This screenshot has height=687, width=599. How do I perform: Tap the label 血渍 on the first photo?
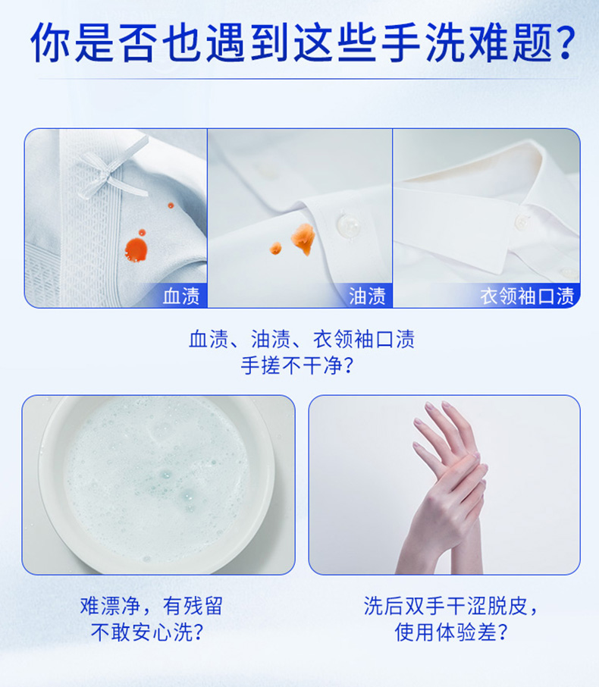pyautogui.click(x=181, y=296)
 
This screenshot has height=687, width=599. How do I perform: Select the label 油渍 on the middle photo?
pyautogui.click(x=367, y=296)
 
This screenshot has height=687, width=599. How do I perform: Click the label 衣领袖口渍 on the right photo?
pyautogui.click(x=527, y=296)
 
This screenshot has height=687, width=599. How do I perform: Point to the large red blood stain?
pyautogui.click(x=136, y=249)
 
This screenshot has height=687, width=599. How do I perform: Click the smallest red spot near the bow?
pyautogui.click(x=171, y=205)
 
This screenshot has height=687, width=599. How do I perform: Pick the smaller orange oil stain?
pyautogui.click(x=275, y=248)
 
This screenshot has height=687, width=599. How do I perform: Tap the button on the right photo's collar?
pyautogui.click(x=522, y=221)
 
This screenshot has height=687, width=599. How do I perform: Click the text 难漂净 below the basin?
pyautogui.click(x=110, y=606)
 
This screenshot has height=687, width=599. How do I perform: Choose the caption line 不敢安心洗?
pyautogui.click(x=147, y=632)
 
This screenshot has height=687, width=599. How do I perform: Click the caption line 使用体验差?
pyautogui.click(x=451, y=632)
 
